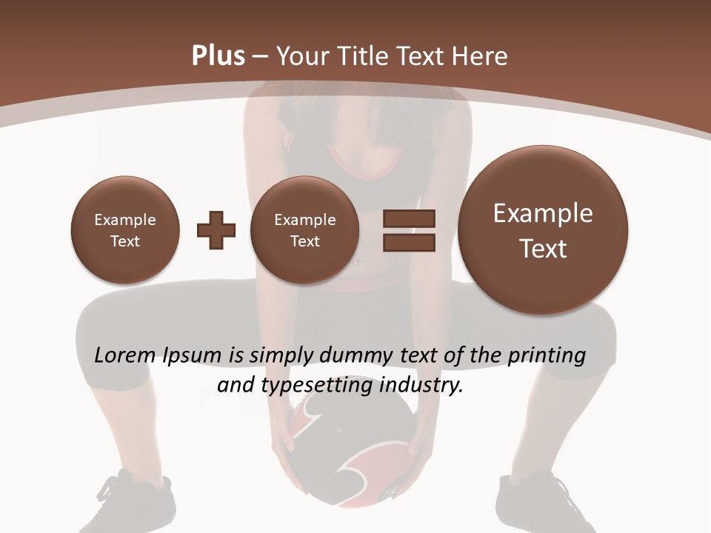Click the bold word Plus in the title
tap(218, 56)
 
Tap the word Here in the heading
tap(481, 56)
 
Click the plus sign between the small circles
tap(216, 230)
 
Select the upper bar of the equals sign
tap(409, 219)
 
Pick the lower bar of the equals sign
tap(409, 242)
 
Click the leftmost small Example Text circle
tap(125, 230)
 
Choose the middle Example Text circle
tap(305, 230)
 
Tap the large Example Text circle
tap(543, 230)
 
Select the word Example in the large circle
tap(543, 214)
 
